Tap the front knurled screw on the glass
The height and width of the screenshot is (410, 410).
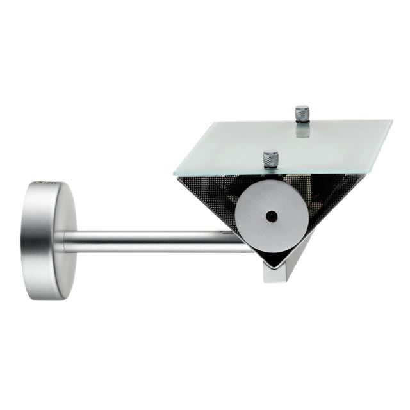pos(271,158)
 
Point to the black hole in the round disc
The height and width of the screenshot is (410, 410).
pos(271,216)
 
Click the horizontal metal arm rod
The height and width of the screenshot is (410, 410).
pos(154,241)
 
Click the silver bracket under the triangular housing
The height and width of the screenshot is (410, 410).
pos(282,269)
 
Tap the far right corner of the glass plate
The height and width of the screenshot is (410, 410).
pos(392,121)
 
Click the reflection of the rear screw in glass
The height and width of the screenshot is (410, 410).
pos(302,132)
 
